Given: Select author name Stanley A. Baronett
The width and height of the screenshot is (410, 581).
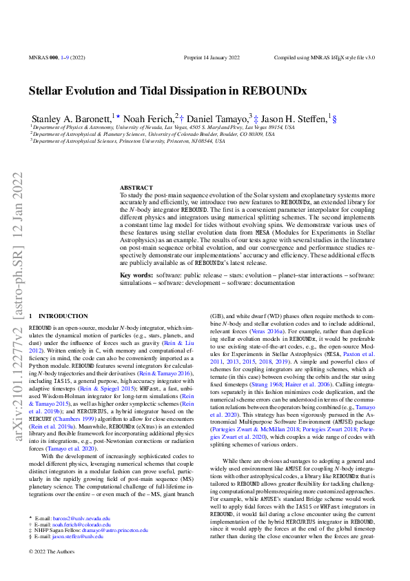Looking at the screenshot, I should click(x=71, y=119).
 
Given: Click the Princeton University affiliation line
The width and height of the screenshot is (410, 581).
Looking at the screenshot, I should click(x=128, y=141).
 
